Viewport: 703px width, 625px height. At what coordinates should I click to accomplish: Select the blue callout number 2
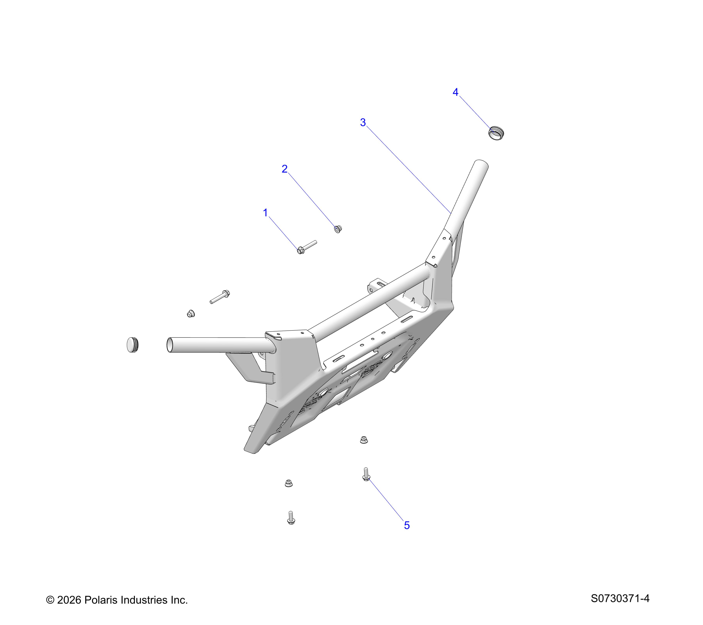(285, 169)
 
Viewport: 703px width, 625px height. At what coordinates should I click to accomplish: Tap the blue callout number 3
(363, 122)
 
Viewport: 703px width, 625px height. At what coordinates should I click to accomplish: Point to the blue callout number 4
(455, 92)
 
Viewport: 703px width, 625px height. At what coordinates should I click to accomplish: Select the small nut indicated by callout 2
(338, 229)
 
